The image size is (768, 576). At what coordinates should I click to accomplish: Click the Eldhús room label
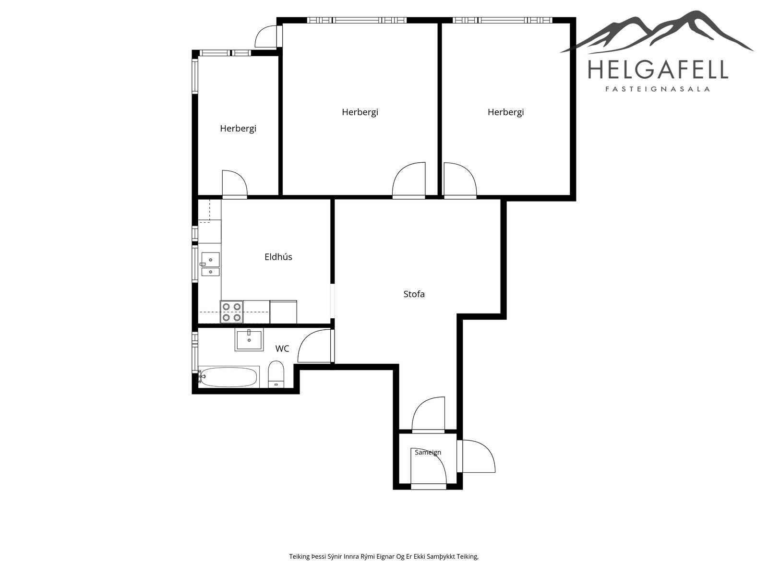click(x=278, y=257)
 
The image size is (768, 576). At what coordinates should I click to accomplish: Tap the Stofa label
click(x=414, y=294)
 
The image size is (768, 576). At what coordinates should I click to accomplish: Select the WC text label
click(x=282, y=348)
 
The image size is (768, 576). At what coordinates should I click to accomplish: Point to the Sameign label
click(x=428, y=453)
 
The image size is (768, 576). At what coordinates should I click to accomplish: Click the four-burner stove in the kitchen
click(x=232, y=312)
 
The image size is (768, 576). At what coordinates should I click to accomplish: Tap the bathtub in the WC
click(x=229, y=377)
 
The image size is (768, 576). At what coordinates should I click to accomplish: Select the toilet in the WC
click(x=276, y=374)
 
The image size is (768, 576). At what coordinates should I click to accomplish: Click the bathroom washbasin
click(x=249, y=340)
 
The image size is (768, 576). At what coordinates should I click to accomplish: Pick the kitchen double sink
click(x=210, y=264)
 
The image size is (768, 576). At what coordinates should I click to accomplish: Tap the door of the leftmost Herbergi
click(x=235, y=184)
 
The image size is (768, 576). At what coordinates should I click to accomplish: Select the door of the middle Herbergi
click(x=408, y=180)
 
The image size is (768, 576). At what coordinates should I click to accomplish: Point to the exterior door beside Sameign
click(x=476, y=456)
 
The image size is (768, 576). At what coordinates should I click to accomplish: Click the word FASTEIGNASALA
click(x=658, y=89)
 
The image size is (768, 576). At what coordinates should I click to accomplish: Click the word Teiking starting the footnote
click(x=300, y=556)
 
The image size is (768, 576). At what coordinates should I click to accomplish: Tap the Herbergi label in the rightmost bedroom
click(x=505, y=112)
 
